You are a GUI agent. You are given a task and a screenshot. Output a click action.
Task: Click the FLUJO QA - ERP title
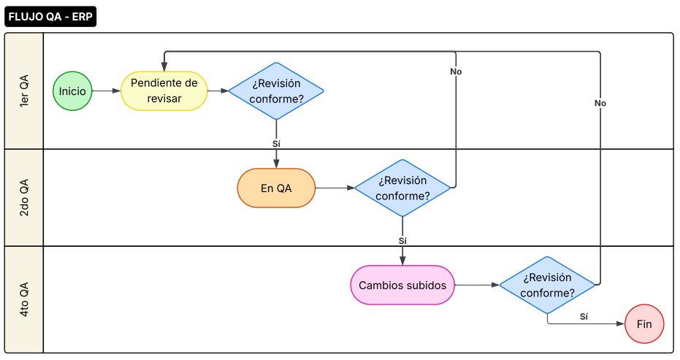(x=50, y=17)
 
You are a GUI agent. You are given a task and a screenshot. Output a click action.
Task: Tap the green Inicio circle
(x=72, y=91)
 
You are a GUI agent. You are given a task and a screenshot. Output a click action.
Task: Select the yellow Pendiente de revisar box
(x=164, y=91)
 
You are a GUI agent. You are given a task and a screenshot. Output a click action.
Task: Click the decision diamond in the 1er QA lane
(x=276, y=91)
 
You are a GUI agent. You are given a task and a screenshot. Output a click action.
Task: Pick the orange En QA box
(x=276, y=188)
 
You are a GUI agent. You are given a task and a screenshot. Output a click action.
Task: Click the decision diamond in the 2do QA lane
(x=403, y=188)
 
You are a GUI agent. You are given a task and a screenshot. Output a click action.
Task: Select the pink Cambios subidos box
(x=402, y=285)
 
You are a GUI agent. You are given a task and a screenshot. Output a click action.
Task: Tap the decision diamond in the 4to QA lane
(x=548, y=285)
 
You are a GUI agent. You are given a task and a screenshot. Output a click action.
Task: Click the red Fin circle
(x=644, y=323)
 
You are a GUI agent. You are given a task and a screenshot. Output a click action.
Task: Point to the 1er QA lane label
(x=24, y=91)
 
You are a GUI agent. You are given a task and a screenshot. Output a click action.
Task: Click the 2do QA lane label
(x=24, y=197)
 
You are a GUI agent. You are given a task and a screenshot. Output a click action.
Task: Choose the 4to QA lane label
(x=24, y=299)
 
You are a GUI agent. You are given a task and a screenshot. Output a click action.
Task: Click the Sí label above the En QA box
(x=276, y=144)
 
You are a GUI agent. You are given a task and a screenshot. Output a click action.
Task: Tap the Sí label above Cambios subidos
(x=402, y=240)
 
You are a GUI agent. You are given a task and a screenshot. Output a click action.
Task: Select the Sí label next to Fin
(x=584, y=316)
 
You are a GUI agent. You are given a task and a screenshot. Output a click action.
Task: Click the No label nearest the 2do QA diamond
(x=456, y=72)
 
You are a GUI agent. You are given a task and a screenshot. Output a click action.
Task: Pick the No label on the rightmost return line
(x=600, y=103)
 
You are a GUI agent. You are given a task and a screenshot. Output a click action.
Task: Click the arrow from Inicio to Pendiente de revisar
(x=107, y=91)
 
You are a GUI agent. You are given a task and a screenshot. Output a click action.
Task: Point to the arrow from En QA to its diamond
(x=335, y=188)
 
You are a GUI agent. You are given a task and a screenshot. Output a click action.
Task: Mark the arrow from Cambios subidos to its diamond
(x=477, y=285)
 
